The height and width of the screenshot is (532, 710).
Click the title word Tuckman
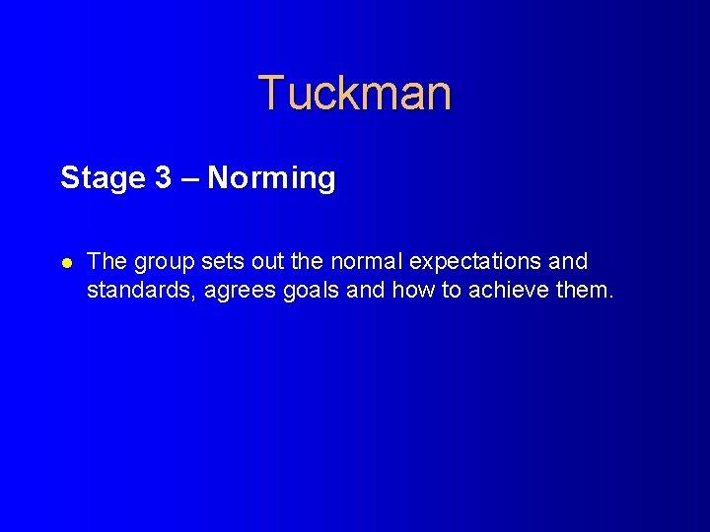355,94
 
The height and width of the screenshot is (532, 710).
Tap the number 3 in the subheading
164,178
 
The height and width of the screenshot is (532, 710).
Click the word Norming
272,179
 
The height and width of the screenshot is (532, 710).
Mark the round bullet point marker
66,262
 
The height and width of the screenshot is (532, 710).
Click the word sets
222,262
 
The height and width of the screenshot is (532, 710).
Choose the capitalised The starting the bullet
106,262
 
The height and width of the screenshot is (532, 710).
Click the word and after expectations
567,262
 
